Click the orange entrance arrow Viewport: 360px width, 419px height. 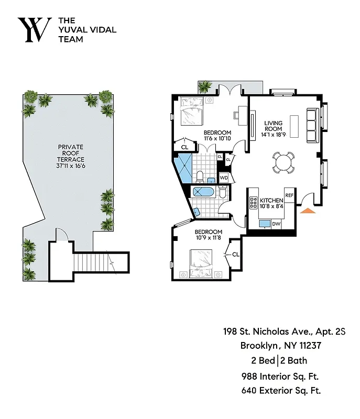(308, 210)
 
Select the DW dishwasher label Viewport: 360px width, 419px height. (276, 224)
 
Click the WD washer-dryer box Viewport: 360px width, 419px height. (224, 178)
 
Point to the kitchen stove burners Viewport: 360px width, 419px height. (254, 203)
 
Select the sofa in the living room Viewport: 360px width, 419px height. (311, 126)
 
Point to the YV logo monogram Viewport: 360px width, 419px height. (35, 29)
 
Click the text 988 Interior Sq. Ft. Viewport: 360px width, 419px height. (280, 376)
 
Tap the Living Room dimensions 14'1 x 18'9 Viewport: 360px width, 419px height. (273, 134)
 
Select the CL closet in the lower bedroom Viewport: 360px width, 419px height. (235, 254)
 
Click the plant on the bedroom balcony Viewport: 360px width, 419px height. (205, 86)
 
